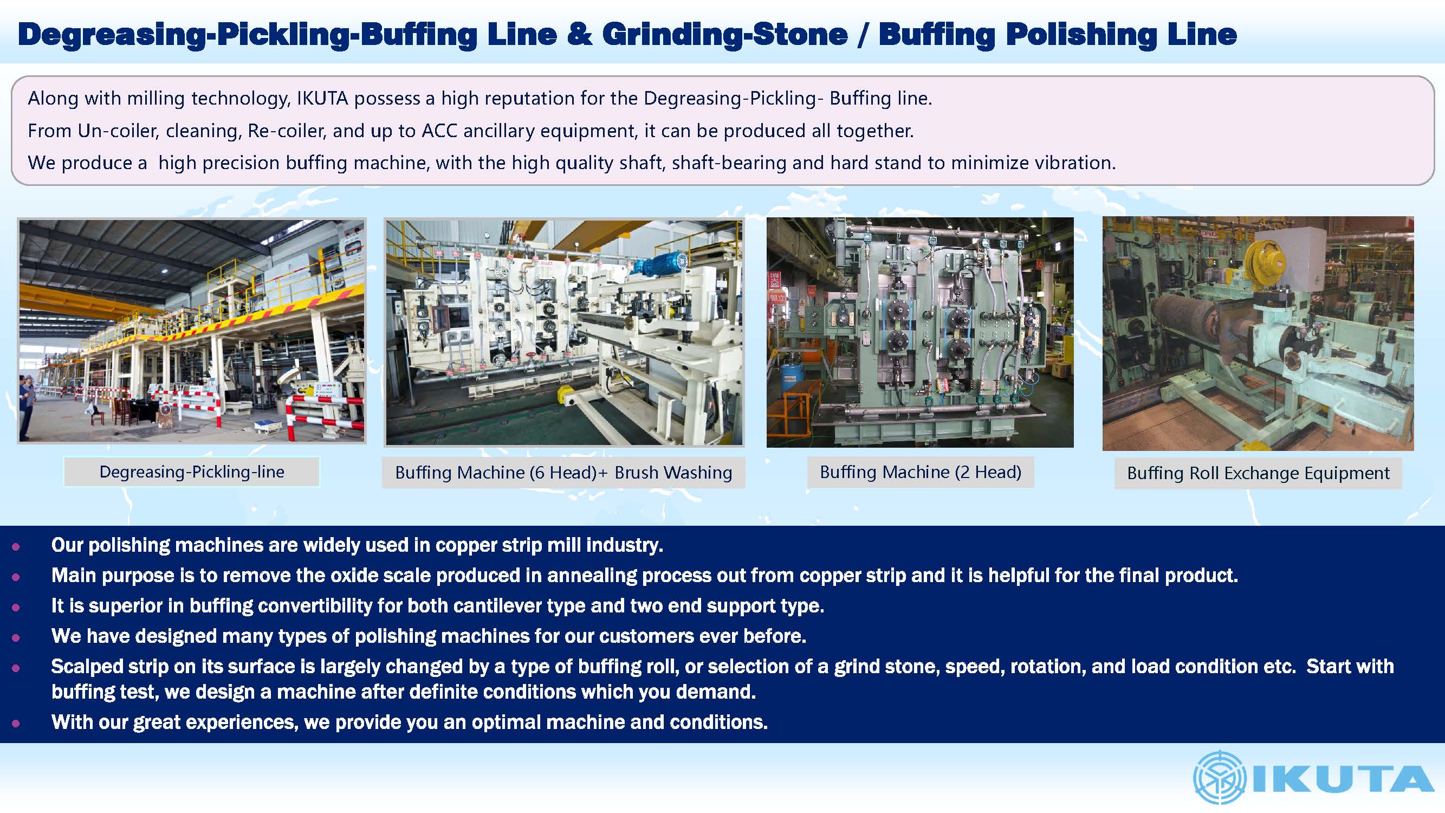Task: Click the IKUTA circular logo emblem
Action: [x=1219, y=778]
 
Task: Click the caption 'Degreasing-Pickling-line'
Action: [x=192, y=472]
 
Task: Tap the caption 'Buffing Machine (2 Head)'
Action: [x=921, y=472]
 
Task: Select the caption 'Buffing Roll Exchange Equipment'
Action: [x=1258, y=473]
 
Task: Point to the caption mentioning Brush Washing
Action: [x=564, y=473]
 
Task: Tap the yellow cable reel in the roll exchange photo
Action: [x=1266, y=261]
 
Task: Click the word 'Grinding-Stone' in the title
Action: [x=725, y=34]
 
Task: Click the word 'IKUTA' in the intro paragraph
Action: [x=322, y=99]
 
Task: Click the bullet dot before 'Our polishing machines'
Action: [x=16, y=546]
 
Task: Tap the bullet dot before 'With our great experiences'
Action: [x=16, y=723]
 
